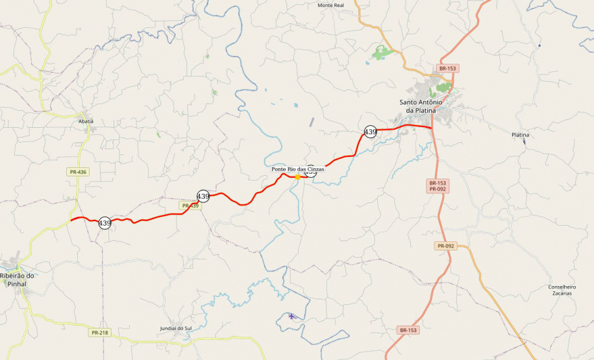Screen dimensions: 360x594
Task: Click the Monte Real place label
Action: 330,5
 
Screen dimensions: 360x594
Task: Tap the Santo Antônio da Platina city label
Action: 420,106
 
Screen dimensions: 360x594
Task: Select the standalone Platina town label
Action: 520,135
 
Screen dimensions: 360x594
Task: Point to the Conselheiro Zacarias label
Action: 562,290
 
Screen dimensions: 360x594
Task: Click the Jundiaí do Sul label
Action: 176,329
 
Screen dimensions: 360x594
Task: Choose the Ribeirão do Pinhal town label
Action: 17,280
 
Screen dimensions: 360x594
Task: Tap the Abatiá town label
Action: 86,121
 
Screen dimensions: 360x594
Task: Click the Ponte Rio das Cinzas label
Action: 297,169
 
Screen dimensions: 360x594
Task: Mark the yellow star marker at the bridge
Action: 297,176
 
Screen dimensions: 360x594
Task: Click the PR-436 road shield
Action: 77,172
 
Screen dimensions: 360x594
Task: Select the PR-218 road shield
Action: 99,333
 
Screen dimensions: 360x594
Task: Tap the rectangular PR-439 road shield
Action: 190,206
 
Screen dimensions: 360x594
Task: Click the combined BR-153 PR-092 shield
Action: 438,186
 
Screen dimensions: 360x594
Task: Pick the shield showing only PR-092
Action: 445,246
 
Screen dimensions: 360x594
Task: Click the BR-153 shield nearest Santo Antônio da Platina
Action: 448,68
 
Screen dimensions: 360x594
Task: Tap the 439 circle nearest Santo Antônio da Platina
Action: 370,132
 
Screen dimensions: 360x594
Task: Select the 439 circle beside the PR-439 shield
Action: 203,196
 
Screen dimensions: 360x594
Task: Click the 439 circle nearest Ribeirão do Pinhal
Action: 105,223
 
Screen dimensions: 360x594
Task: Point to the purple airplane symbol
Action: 291,316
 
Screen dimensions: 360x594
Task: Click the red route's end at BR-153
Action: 433,128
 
